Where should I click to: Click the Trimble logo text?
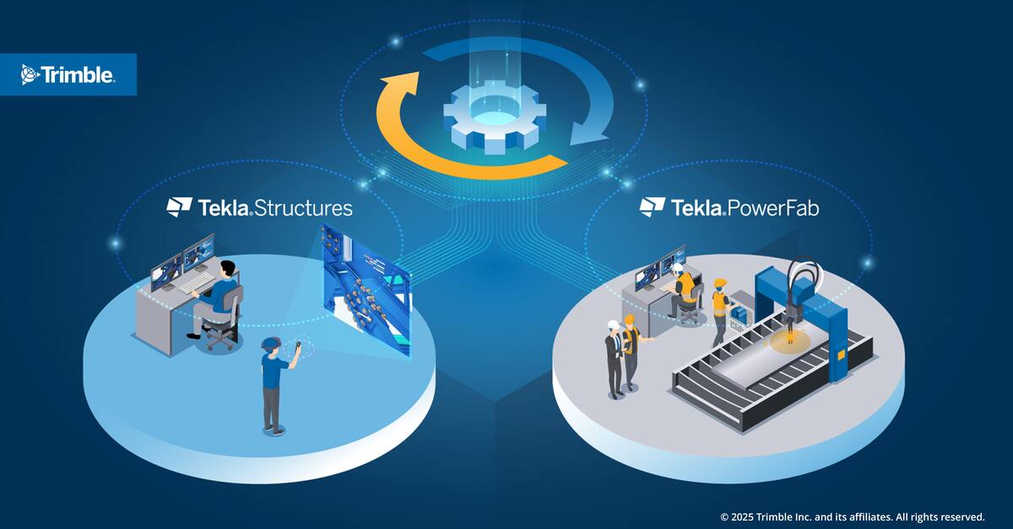tap(78, 74)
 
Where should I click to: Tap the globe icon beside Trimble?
tap(29, 74)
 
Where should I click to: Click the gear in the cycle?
tap(495, 116)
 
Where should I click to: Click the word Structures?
tap(303, 208)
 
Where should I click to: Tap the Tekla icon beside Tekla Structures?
tap(179, 207)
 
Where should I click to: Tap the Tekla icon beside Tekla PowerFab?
tap(652, 207)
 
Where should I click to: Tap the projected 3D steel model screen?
tap(366, 289)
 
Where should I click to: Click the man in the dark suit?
tap(615, 359)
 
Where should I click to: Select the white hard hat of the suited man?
tap(613, 325)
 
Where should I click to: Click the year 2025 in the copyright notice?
tap(741, 517)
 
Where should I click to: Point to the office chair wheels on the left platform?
tap(220, 343)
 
